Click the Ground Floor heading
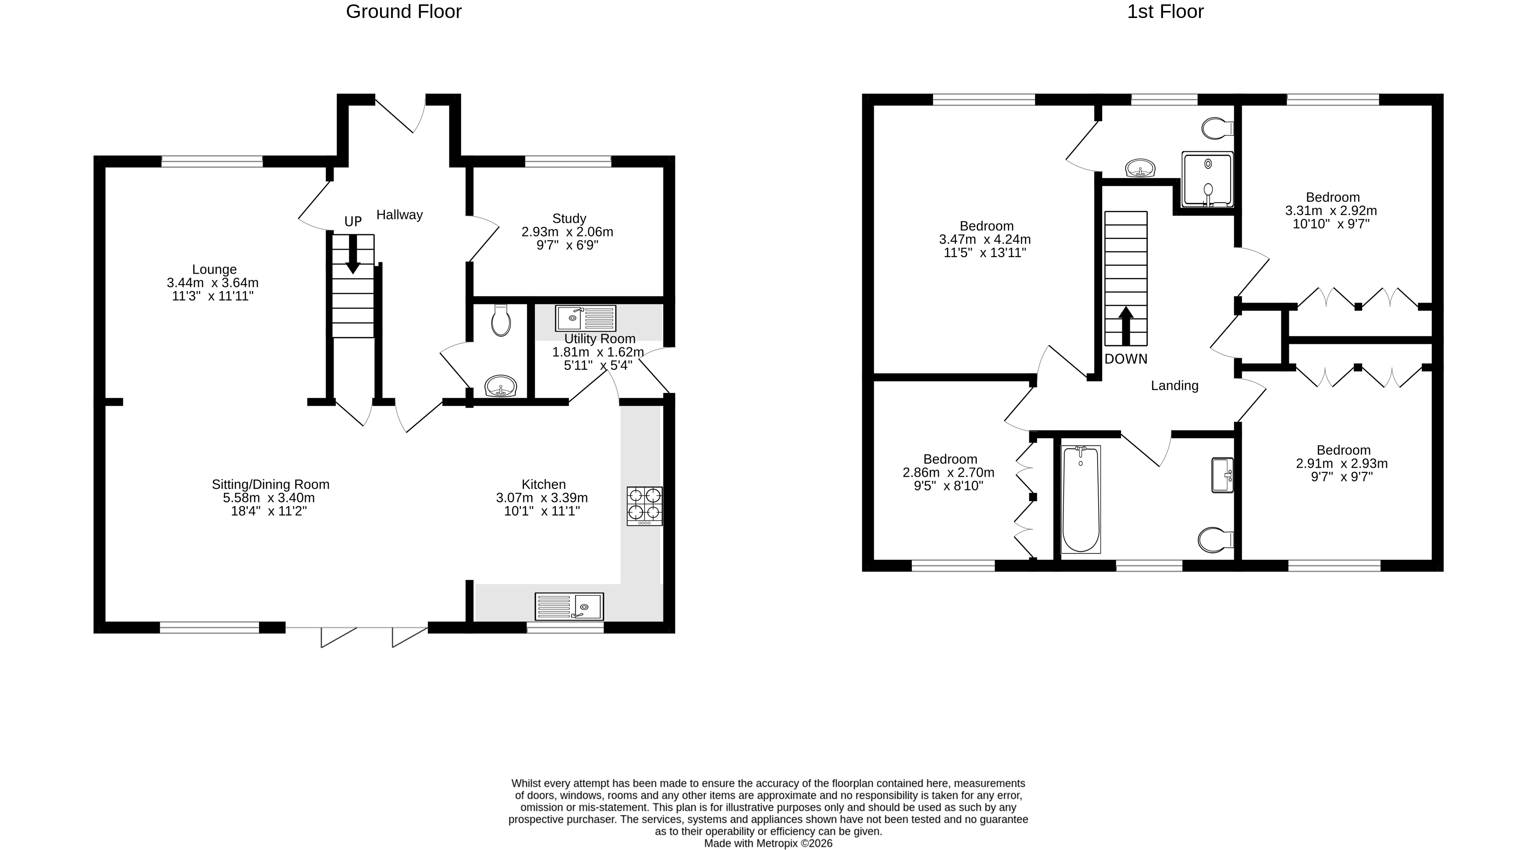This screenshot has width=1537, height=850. pos(403,12)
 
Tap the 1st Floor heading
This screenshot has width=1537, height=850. pos(1165,12)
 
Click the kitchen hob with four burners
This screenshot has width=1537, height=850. pos(644,506)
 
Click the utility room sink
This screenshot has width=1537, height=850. pos(585,318)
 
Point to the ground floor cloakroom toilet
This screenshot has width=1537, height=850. pos(501,321)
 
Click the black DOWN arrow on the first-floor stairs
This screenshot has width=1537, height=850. pos(1126,326)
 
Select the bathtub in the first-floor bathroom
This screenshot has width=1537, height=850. pos(1081,499)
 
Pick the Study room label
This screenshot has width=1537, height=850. pos(569,218)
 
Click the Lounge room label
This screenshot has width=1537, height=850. pos(214,269)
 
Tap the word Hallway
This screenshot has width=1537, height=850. pos(399,215)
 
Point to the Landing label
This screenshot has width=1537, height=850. pos(1174,386)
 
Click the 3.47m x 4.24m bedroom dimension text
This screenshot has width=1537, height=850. pos(985,239)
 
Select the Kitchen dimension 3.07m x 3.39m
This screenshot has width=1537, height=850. pos(542,498)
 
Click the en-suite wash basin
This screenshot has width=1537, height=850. pos(1140,168)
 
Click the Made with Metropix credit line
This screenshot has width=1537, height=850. pos(768,843)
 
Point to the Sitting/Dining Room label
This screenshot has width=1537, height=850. pos(270,485)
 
